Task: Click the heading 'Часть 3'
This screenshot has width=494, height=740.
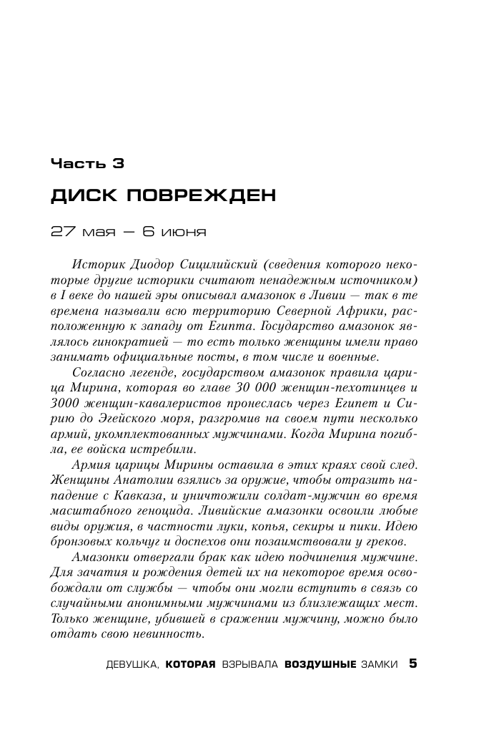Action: click(87, 163)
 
